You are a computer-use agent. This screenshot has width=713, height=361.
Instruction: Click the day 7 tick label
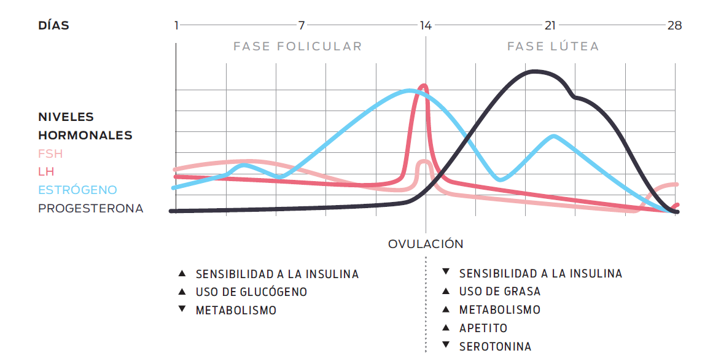point(301,26)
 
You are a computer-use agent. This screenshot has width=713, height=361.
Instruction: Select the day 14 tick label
point(426,26)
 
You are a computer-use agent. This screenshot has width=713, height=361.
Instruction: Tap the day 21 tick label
point(550,26)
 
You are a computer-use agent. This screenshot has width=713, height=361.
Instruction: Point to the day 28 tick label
point(674,26)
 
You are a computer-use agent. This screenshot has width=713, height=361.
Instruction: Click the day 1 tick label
point(176,26)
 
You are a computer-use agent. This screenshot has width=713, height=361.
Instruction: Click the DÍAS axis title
point(53,26)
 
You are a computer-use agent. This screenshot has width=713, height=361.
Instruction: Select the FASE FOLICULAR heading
point(297,47)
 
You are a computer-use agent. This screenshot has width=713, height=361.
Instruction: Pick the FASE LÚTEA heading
point(553,47)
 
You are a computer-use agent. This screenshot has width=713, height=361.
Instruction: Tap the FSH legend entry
point(50,153)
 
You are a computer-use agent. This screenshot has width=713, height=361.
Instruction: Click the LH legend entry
point(45,172)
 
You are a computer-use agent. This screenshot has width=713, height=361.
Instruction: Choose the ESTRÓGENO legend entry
point(77,190)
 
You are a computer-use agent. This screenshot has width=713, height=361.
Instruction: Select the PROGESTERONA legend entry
point(90,208)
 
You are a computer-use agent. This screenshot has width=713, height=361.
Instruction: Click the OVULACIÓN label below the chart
point(426,244)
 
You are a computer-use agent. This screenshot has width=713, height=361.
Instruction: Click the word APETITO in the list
point(483,328)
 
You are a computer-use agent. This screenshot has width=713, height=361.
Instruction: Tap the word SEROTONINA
point(495,346)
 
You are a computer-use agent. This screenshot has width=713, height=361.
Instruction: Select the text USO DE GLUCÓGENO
point(251,292)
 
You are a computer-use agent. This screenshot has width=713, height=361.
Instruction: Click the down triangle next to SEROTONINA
point(446,345)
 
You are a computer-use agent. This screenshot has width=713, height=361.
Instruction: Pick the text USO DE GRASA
point(500,292)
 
